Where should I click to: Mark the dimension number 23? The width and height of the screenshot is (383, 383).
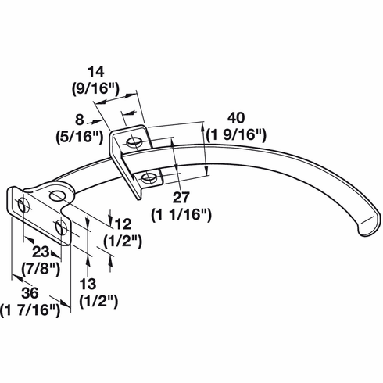(41, 252)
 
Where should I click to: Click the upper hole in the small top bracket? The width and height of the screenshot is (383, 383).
(134, 143)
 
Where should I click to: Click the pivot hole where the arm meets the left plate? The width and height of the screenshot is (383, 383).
(56, 195)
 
